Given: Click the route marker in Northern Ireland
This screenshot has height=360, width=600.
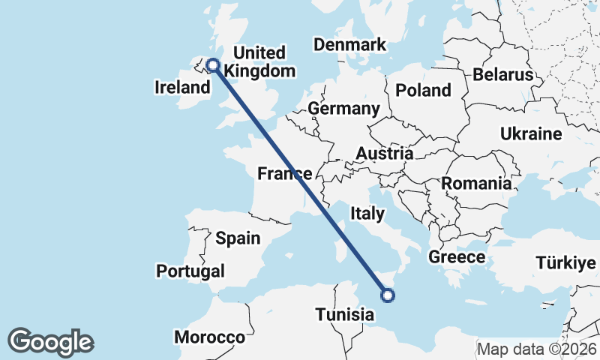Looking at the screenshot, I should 213,65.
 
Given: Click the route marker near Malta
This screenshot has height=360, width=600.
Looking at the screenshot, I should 388,295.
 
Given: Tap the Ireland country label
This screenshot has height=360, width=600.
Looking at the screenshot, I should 182,88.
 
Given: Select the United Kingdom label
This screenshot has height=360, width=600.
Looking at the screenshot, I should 259,62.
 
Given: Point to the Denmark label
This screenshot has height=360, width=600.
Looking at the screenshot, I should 349,44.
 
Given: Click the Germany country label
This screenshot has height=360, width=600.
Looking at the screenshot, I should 343,109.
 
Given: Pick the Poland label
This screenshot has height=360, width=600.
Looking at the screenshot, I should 424,91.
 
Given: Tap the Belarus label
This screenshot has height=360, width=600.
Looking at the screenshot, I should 502,75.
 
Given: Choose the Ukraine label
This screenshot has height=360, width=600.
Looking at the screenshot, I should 531,134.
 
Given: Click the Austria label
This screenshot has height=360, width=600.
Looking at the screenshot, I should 384,154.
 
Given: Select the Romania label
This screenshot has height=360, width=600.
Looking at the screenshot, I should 476,183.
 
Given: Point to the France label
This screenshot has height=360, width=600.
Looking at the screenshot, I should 284,174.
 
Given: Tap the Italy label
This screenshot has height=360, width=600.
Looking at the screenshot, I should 367,214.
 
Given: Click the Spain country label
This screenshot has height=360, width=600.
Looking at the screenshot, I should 237,238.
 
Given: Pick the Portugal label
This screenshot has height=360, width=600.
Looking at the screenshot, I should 190,271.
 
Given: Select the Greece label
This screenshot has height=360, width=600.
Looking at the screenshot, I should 457,257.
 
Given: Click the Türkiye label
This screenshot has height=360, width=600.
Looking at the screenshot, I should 565,263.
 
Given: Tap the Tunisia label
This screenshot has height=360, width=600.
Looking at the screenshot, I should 344,314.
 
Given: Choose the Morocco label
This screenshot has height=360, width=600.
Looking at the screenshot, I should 209,337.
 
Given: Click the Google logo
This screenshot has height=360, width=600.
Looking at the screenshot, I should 50,342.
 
